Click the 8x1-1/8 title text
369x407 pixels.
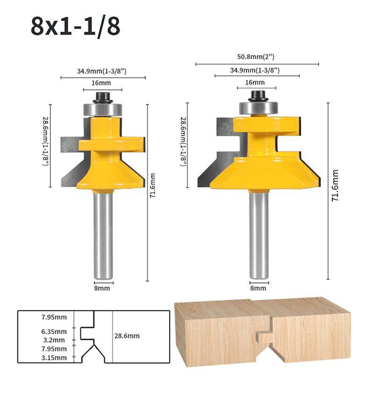76,26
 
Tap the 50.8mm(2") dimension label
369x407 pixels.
256,57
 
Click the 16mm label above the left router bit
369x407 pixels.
101,83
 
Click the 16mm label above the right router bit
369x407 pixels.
255,82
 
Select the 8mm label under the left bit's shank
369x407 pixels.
102,288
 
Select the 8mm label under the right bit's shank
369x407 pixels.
258,288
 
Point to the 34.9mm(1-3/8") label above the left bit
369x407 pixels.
101,71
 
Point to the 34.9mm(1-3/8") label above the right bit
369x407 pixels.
255,70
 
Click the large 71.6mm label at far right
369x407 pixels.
335,186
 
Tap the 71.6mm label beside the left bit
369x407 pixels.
153,186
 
